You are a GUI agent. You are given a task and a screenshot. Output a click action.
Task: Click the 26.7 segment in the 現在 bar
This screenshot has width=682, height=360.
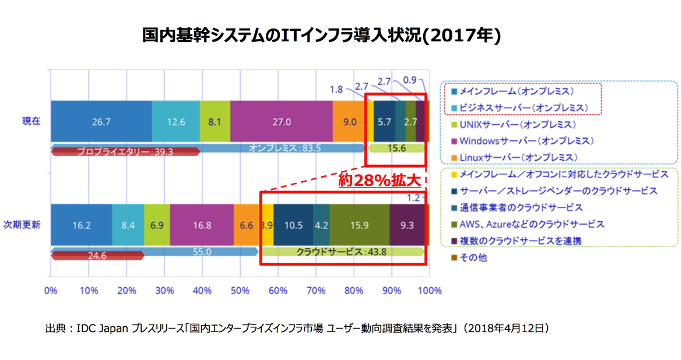click(x=101, y=122)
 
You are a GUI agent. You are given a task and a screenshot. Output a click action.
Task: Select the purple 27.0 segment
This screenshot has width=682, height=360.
click(x=282, y=122)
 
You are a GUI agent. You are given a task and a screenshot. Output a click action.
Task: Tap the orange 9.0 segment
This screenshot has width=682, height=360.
click(x=350, y=122)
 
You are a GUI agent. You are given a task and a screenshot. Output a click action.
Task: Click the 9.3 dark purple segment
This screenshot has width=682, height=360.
click(x=407, y=225)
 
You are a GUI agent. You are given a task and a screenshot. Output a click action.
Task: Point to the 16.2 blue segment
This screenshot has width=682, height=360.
click(x=81, y=225)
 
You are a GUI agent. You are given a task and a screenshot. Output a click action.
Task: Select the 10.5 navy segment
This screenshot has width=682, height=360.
click(x=293, y=225)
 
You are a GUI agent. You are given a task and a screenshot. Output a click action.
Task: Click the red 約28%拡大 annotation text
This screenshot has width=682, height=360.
click(x=379, y=181)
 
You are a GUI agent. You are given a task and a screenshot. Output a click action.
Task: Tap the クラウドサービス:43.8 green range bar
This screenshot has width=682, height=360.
click(x=342, y=252)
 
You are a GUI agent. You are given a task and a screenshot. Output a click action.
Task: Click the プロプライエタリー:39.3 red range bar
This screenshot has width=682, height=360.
click(x=125, y=152)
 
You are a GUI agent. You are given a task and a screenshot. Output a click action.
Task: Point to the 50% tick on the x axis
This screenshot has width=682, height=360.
click(x=240, y=290)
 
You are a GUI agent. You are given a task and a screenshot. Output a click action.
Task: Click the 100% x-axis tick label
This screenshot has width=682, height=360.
click(x=430, y=290)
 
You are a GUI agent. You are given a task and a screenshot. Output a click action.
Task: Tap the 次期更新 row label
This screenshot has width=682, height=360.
click(x=22, y=225)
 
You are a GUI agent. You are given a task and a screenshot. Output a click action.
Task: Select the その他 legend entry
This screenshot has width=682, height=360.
click(x=473, y=257)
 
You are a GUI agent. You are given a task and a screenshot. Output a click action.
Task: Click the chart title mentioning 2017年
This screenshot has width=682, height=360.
click(x=322, y=37)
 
